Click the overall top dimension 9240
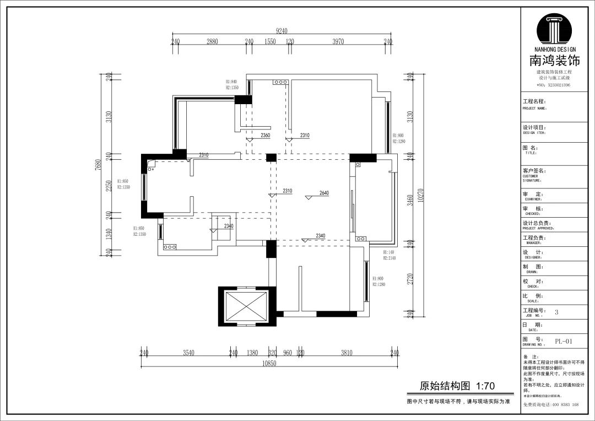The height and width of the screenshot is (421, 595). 282,31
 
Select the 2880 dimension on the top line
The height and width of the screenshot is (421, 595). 212,42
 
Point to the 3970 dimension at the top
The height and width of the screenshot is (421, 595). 338,42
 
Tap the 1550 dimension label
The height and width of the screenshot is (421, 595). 270,42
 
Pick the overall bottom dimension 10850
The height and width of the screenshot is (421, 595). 269,364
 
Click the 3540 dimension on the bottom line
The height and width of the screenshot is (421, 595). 189,353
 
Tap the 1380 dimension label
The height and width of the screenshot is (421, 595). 252,353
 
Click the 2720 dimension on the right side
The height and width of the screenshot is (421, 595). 409,279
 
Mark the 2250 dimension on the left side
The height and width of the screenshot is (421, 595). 109,186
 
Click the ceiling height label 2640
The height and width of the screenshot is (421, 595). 324,193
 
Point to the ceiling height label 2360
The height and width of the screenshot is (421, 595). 265,135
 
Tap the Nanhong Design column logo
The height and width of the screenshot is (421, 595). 555,30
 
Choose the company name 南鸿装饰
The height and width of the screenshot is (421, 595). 555,61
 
